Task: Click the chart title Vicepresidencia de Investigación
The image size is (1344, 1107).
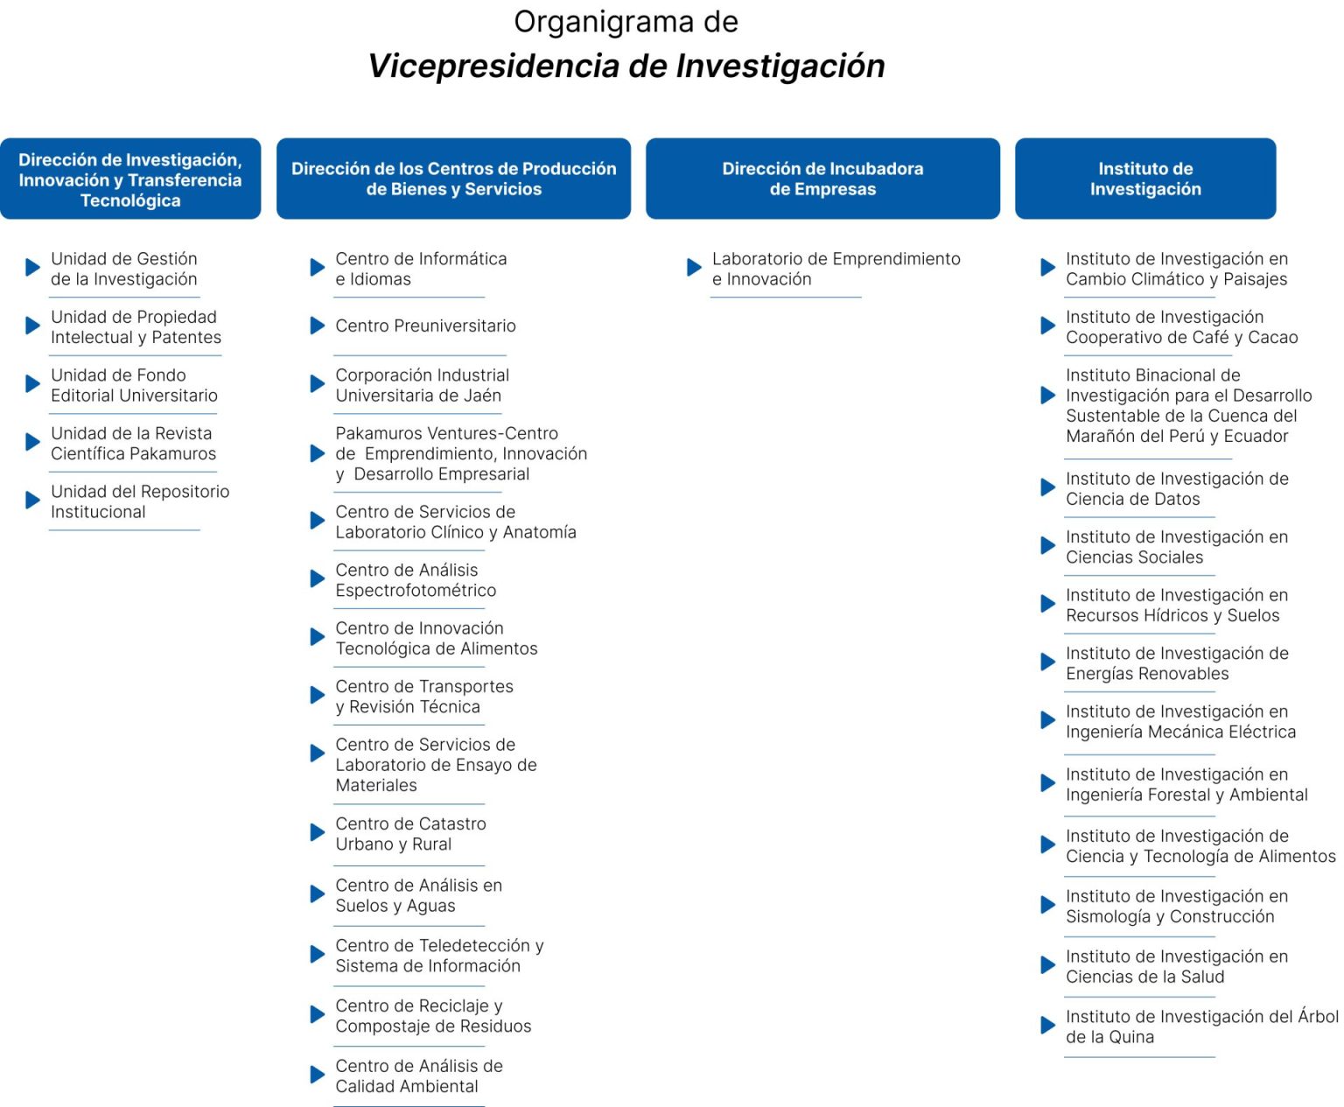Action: coord(626,66)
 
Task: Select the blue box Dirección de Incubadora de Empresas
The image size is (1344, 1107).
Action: coord(822,179)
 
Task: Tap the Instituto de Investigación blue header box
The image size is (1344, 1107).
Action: coord(1144,179)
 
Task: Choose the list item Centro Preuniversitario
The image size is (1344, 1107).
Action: coord(425,326)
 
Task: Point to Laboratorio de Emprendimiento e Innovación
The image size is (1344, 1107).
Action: coord(836,269)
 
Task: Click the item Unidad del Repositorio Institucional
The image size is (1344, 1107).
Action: coord(140,501)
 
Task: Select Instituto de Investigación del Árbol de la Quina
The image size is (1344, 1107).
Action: coord(1200,1026)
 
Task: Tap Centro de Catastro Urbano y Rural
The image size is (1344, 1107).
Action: coord(410,834)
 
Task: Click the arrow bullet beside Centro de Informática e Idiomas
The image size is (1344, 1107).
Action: coord(318,268)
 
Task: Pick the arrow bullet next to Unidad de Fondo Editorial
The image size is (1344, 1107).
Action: coord(33,384)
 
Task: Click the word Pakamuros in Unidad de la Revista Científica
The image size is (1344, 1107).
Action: coord(175,453)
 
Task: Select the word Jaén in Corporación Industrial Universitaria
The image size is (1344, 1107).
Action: coord(482,396)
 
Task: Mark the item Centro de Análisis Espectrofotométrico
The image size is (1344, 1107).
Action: coord(416,580)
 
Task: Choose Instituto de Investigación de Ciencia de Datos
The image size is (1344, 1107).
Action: coord(1176,489)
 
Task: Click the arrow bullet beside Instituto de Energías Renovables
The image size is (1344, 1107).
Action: coord(1047,662)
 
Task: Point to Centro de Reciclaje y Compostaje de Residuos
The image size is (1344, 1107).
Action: coord(433,1016)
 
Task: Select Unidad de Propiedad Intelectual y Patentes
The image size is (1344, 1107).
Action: coord(136,327)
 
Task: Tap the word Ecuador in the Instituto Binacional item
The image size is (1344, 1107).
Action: coord(1256,436)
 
